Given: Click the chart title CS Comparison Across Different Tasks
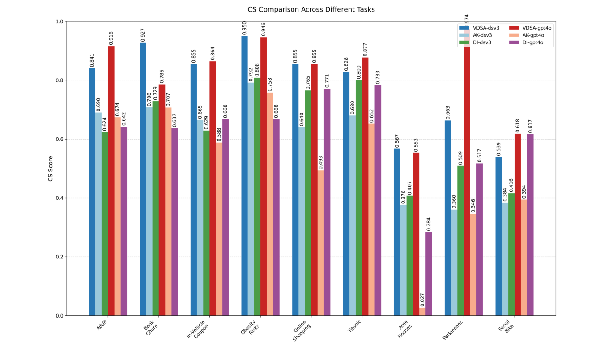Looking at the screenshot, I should click(311, 9).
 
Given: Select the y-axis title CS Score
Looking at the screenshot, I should click(51, 168).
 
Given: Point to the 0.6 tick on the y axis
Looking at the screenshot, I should click(60, 139).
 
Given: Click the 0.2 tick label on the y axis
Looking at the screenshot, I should click(60, 257).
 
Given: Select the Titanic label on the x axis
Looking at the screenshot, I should click(355, 326).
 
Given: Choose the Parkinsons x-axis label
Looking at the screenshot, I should click(453, 330).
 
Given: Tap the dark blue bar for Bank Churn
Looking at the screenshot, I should click(143, 179).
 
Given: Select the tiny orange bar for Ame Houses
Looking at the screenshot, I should click(422, 312).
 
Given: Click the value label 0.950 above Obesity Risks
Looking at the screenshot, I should click(245, 28).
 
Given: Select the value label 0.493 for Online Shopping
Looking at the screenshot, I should click(321, 162).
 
